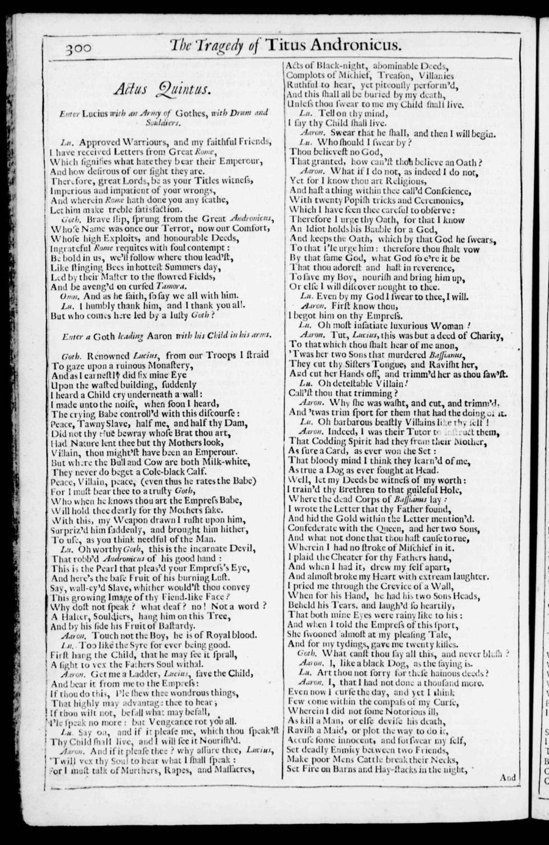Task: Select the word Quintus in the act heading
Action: [x=183, y=90]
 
